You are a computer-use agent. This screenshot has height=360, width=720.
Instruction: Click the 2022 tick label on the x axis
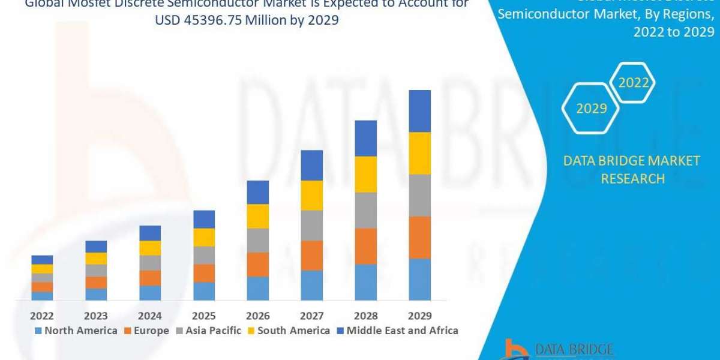click(x=42, y=316)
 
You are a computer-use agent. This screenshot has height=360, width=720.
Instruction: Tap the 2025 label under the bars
click(x=204, y=316)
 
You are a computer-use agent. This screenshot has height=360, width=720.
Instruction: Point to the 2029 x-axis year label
click(x=419, y=316)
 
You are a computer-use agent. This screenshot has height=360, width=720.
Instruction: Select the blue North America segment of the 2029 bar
click(x=419, y=279)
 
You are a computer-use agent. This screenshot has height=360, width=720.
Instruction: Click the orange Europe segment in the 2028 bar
click(x=365, y=246)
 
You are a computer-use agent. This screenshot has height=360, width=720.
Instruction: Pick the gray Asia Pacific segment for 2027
click(x=311, y=225)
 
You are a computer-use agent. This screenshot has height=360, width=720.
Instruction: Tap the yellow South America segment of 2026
click(x=257, y=216)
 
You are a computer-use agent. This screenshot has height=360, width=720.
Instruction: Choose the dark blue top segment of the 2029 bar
click(x=419, y=111)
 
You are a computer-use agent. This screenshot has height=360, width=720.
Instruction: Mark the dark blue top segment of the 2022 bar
click(x=42, y=260)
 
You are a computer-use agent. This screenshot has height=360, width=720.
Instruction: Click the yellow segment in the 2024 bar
click(x=150, y=248)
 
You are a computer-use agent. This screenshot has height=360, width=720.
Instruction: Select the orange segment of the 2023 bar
click(x=96, y=282)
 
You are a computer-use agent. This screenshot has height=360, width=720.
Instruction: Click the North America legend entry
click(x=76, y=331)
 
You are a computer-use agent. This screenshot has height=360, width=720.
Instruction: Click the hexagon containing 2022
click(x=633, y=83)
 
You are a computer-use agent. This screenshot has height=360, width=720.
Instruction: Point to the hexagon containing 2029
click(x=591, y=109)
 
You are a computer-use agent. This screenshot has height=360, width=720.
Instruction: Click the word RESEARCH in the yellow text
click(x=632, y=179)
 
